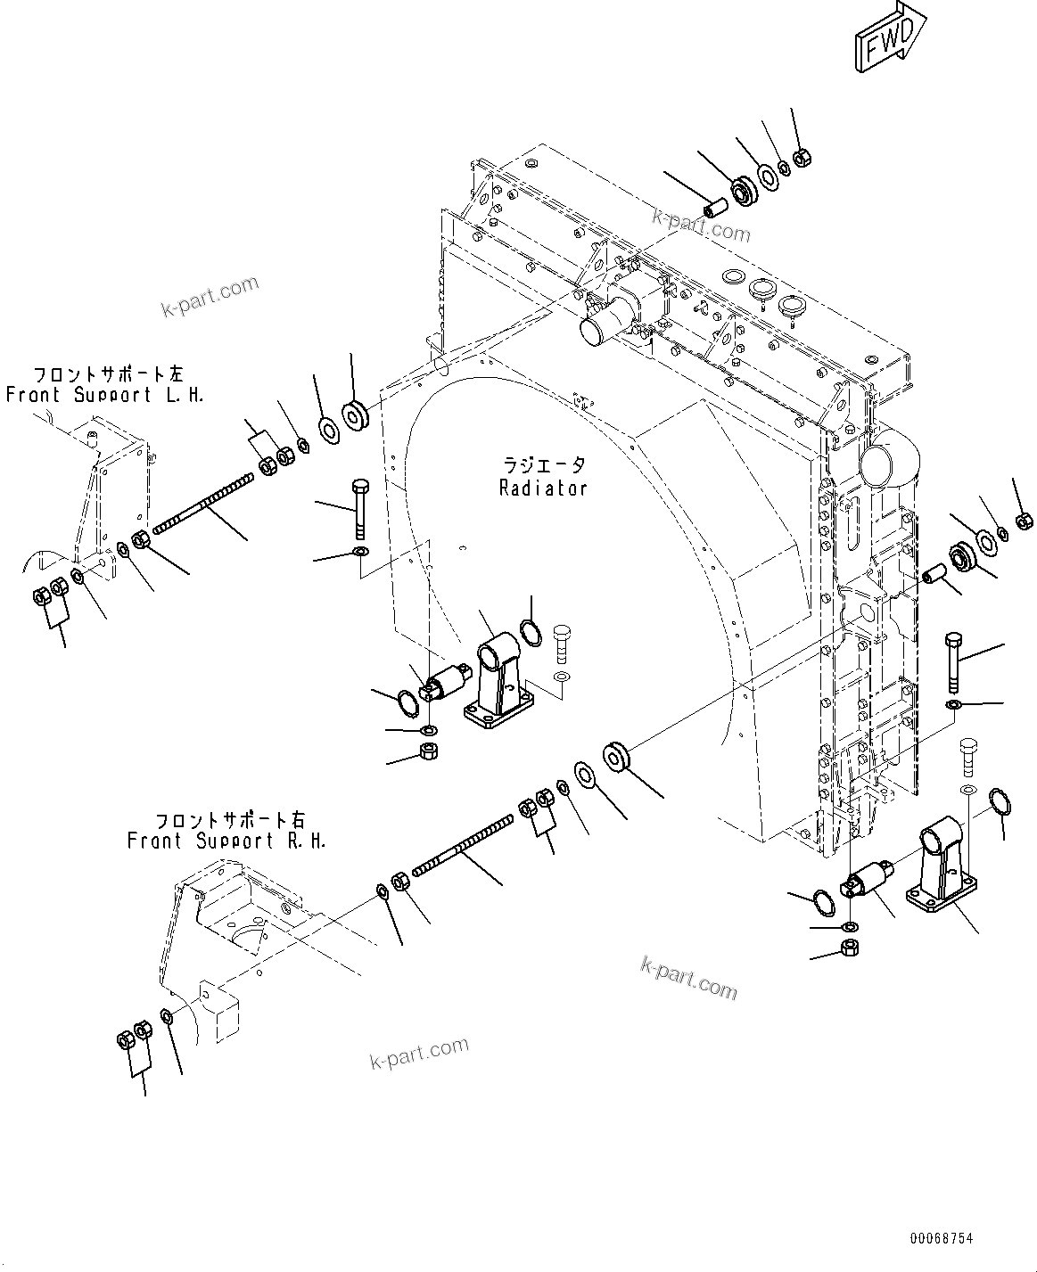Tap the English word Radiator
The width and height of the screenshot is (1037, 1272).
[x=543, y=488]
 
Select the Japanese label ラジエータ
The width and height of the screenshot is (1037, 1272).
[x=543, y=465]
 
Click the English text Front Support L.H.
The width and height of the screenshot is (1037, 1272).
[x=105, y=395]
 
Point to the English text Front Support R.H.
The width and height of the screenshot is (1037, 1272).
[x=226, y=841]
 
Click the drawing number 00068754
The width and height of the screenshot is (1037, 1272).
[x=942, y=1238]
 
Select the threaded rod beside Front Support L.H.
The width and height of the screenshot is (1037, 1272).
[x=202, y=505]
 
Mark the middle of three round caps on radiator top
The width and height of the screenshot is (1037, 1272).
[x=764, y=289]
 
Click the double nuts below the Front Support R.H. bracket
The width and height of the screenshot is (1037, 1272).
[x=133, y=1036]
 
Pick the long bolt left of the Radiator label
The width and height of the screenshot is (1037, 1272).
[x=359, y=509]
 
